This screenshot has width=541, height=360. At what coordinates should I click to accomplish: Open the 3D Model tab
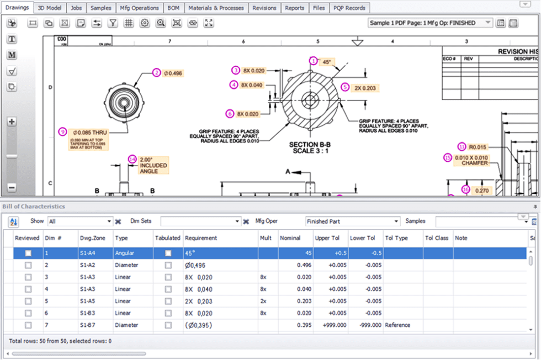pos(50,8)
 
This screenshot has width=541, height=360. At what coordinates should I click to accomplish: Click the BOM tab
pos(173,8)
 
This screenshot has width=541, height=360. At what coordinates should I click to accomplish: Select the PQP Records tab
pos(349,8)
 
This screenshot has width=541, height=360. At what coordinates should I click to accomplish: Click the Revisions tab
pos(264,8)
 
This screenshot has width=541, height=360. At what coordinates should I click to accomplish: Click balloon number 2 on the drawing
pos(157,73)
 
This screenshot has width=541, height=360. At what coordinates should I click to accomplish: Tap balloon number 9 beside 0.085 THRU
pos(62,131)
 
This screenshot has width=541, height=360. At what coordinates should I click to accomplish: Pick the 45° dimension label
pos(327,62)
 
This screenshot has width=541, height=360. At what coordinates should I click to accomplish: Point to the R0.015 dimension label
pos(478,147)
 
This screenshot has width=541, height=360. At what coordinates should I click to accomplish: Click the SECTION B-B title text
pos(310,145)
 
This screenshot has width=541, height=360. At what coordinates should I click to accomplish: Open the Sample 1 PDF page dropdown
pos(431,23)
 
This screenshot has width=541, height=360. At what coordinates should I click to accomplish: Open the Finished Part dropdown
pos(352,221)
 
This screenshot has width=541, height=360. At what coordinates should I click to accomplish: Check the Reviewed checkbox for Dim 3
pos(28,277)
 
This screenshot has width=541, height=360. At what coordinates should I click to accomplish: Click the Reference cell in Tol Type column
pos(397,325)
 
